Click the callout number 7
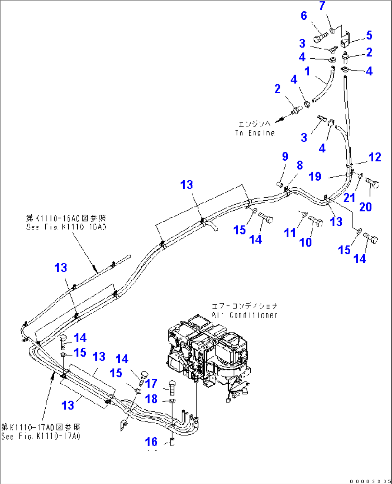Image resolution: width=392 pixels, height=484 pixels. pyautogui.click(x=322, y=6)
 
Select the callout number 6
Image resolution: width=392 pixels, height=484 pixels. pyautogui.click(x=304, y=16)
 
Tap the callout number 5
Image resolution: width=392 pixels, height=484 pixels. pyautogui.click(x=369, y=35)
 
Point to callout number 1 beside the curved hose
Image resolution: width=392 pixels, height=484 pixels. pyautogui.click(x=307, y=71)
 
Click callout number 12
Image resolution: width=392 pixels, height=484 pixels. pyautogui.click(x=374, y=157)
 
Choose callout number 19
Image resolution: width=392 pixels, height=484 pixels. pyautogui.click(x=315, y=177)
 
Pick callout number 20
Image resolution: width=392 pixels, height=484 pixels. pyautogui.click(x=365, y=207)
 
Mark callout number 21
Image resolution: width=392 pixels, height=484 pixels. pyautogui.click(x=349, y=197)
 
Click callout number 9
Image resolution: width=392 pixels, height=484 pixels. pyautogui.click(x=285, y=156)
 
